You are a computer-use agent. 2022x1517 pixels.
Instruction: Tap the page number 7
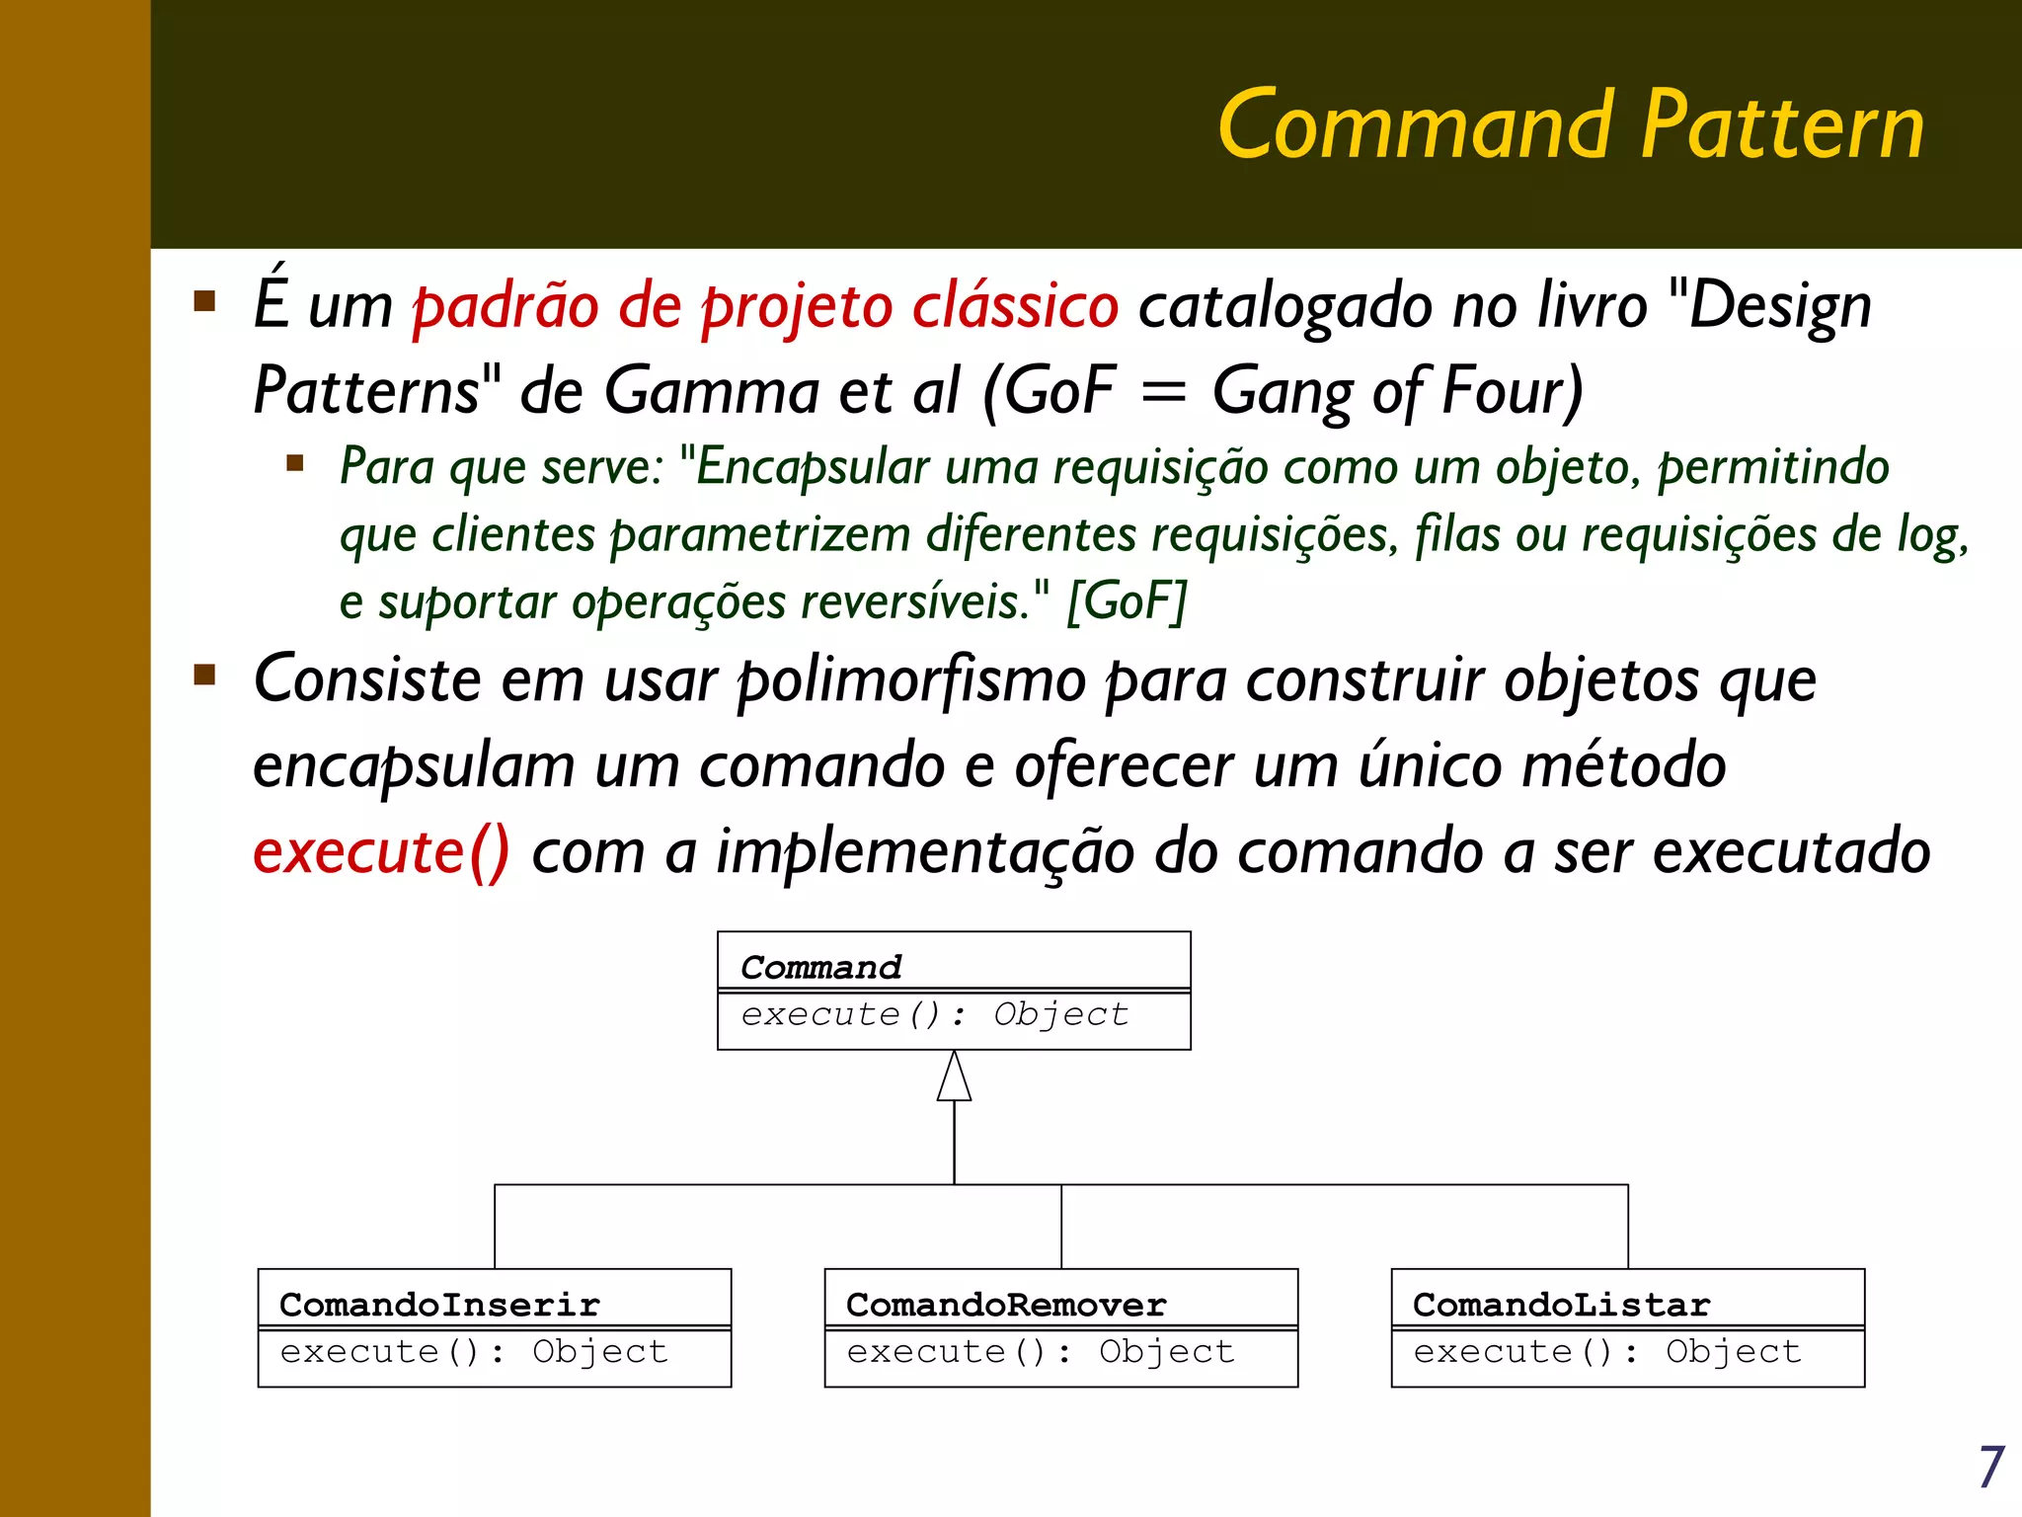pyautogui.click(x=1990, y=1468)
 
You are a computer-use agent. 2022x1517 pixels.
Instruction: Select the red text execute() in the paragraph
pyautogui.click(x=381, y=851)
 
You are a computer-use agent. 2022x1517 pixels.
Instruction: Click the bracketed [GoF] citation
pyautogui.click(x=1127, y=600)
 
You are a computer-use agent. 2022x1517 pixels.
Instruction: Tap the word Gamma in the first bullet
pyautogui.click(x=711, y=390)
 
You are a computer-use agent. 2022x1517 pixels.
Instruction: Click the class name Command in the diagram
pyautogui.click(x=821, y=967)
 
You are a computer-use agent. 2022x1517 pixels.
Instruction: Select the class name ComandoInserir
pyautogui.click(x=439, y=1305)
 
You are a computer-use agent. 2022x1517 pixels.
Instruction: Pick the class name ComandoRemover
pyautogui.click(x=1006, y=1305)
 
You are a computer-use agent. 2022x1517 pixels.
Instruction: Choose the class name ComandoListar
pyautogui.click(x=1561, y=1305)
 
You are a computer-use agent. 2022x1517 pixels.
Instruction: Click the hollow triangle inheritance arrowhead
pyautogui.click(x=954, y=1078)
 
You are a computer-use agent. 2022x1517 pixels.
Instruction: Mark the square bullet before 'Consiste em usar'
pyautogui.click(x=205, y=676)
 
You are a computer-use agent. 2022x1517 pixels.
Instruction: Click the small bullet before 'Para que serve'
pyautogui.click(x=294, y=463)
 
